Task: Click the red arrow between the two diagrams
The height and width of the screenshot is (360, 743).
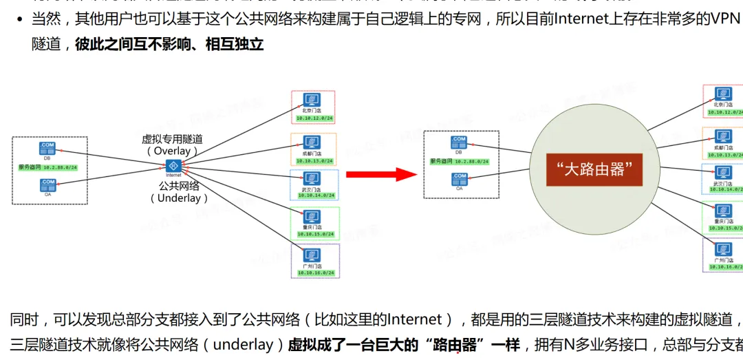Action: [381, 173]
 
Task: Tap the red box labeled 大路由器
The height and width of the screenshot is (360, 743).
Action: [594, 169]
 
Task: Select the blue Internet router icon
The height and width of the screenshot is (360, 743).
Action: [173, 166]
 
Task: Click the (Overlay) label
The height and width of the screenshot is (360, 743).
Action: [172, 151]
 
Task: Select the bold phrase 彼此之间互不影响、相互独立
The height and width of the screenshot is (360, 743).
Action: [169, 45]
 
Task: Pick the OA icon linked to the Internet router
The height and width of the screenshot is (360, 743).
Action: [47, 184]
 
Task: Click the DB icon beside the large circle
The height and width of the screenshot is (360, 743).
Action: [459, 142]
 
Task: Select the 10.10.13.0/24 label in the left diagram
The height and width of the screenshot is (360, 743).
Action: [314, 161]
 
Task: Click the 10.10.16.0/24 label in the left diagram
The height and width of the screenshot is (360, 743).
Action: [315, 273]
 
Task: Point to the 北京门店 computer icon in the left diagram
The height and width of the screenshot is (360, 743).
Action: [312, 101]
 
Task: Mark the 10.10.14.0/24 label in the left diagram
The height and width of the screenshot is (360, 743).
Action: [314, 195]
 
